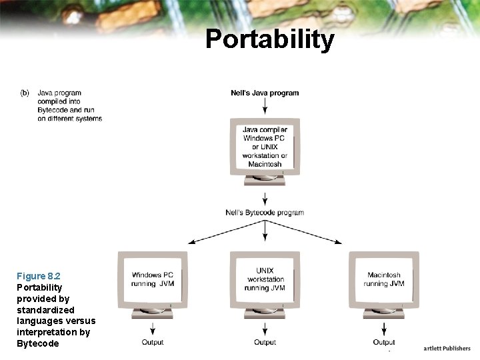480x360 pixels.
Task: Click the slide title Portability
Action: (x=269, y=39)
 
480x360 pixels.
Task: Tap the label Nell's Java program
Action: (x=265, y=93)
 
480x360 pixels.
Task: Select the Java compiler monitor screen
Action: (x=265, y=147)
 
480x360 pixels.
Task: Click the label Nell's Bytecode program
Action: (x=265, y=213)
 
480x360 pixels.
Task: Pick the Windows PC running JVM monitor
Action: (x=153, y=279)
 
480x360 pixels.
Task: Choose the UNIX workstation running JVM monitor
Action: (x=265, y=279)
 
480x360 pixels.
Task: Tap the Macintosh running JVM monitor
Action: (x=384, y=279)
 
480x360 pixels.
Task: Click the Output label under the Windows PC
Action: (x=153, y=343)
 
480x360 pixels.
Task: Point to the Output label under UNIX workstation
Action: (x=265, y=343)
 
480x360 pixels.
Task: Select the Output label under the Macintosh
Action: (x=384, y=343)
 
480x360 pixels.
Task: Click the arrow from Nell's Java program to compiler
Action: (x=265, y=106)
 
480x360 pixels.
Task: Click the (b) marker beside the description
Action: (x=25, y=93)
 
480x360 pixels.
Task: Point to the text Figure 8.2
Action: (x=39, y=276)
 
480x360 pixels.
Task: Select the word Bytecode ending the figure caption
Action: (x=37, y=343)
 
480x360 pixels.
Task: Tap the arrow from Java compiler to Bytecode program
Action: (x=265, y=199)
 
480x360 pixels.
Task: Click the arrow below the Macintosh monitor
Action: (x=384, y=328)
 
